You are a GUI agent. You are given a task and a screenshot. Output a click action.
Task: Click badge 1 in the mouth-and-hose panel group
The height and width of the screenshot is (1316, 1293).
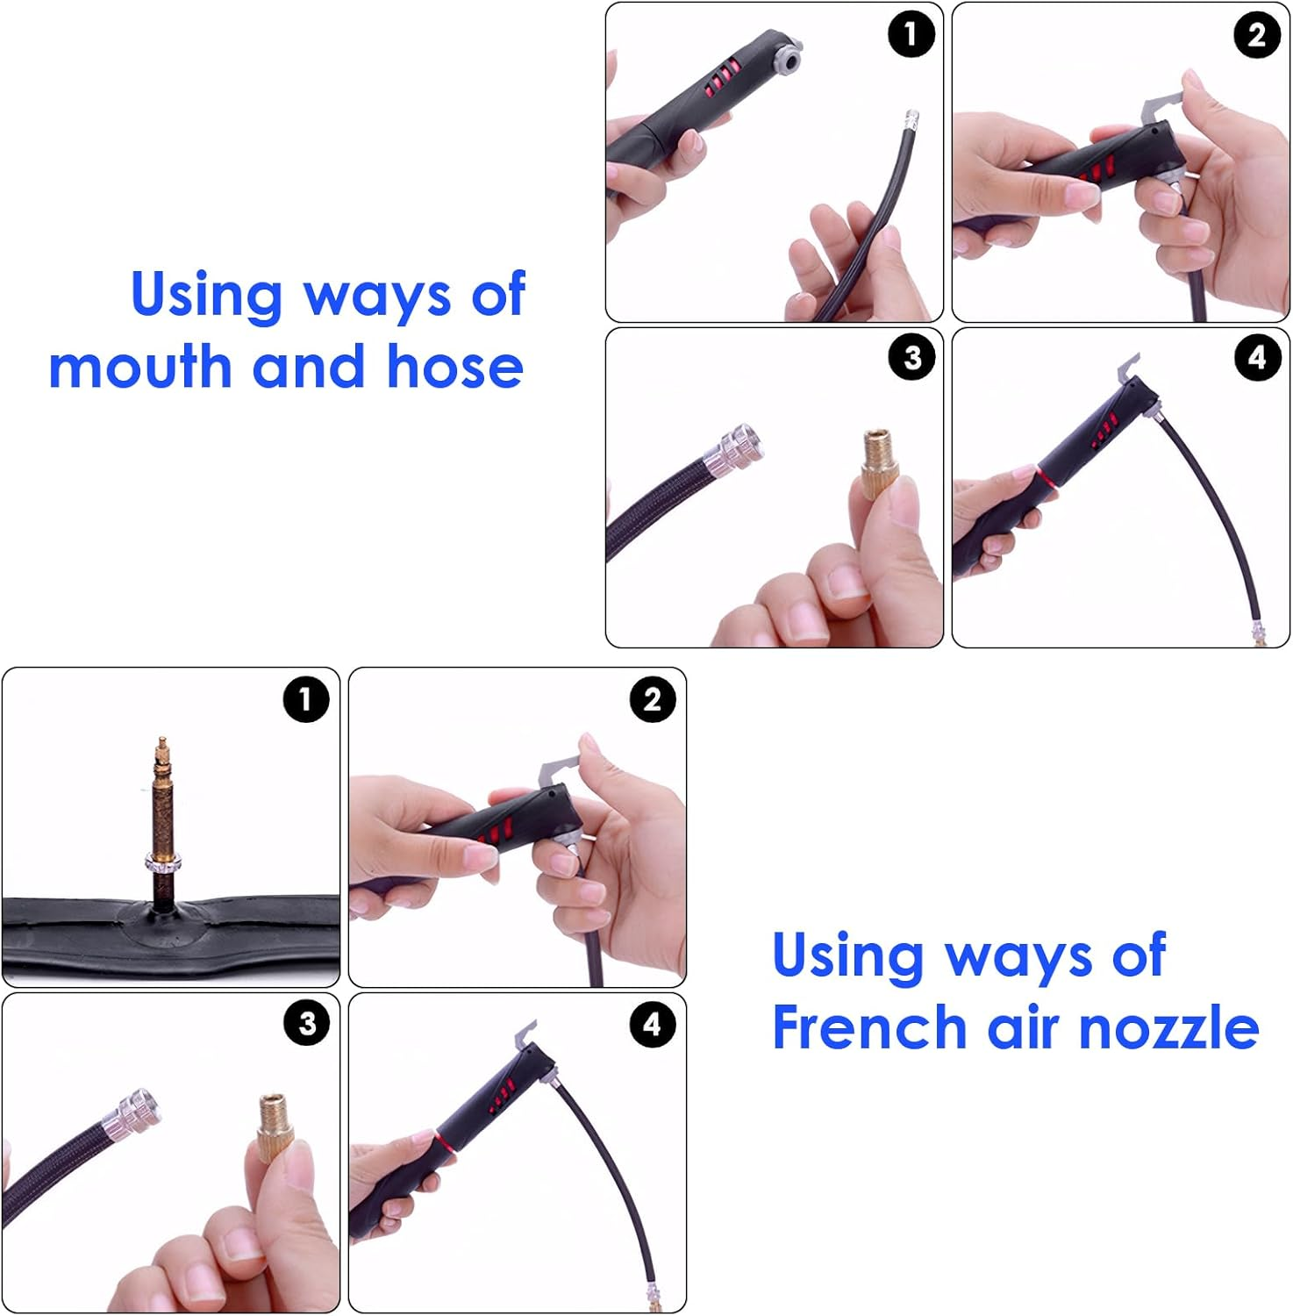pos(911,34)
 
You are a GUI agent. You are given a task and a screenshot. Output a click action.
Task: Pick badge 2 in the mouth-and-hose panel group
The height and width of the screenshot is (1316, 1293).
pos(1257,35)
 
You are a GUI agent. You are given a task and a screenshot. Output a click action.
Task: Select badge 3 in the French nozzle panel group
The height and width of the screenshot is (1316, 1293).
pos(306,1023)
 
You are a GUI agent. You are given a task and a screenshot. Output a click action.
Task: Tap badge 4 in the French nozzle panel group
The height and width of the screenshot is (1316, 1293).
pos(653,1024)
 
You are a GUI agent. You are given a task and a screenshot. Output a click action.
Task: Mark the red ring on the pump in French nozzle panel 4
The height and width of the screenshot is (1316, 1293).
pos(441,1144)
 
